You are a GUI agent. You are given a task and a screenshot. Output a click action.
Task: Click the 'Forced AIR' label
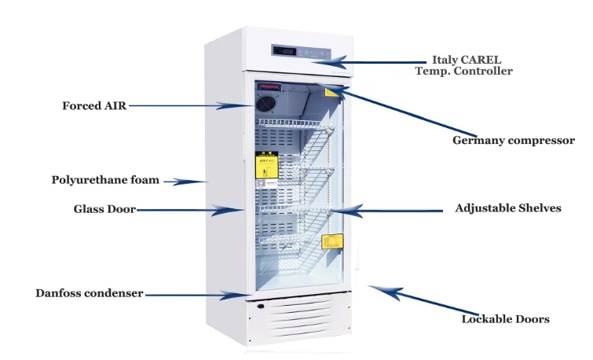point(94,105)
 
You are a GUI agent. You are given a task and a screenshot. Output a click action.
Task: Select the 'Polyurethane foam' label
point(105,180)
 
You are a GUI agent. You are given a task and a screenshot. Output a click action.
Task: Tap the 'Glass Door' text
point(104,209)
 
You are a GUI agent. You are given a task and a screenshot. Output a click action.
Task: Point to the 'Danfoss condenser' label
point(89,293)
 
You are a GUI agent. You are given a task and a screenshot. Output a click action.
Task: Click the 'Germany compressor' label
point(513,141)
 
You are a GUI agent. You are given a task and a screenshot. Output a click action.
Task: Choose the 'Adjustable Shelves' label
point(507,208)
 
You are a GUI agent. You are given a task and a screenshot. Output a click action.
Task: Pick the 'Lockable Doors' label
point(504,318)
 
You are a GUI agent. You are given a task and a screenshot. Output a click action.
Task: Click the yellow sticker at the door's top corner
point(333,92)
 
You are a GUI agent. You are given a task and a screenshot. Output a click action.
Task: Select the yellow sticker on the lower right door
point(332,240)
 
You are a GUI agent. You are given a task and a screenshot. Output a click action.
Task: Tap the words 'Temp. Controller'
point(463,71)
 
